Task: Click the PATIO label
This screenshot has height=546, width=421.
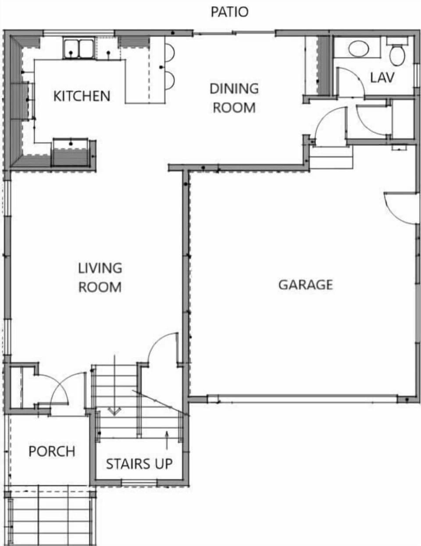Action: point(229,12)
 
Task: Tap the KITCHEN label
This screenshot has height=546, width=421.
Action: point(82,96)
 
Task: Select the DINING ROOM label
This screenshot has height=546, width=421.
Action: point(234,98)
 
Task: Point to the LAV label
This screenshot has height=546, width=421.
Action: point(382,78)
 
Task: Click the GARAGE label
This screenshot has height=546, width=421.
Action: point(306,285)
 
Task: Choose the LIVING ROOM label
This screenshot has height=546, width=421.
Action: point(100,277)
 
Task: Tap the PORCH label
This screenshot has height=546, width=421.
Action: point(52,451)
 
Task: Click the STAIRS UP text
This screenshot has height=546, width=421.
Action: point(139,463)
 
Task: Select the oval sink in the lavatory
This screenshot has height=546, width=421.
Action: point(359,49)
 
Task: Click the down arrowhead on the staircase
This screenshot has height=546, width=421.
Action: point(114,412)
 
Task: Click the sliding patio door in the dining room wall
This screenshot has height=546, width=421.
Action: point(234,32)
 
